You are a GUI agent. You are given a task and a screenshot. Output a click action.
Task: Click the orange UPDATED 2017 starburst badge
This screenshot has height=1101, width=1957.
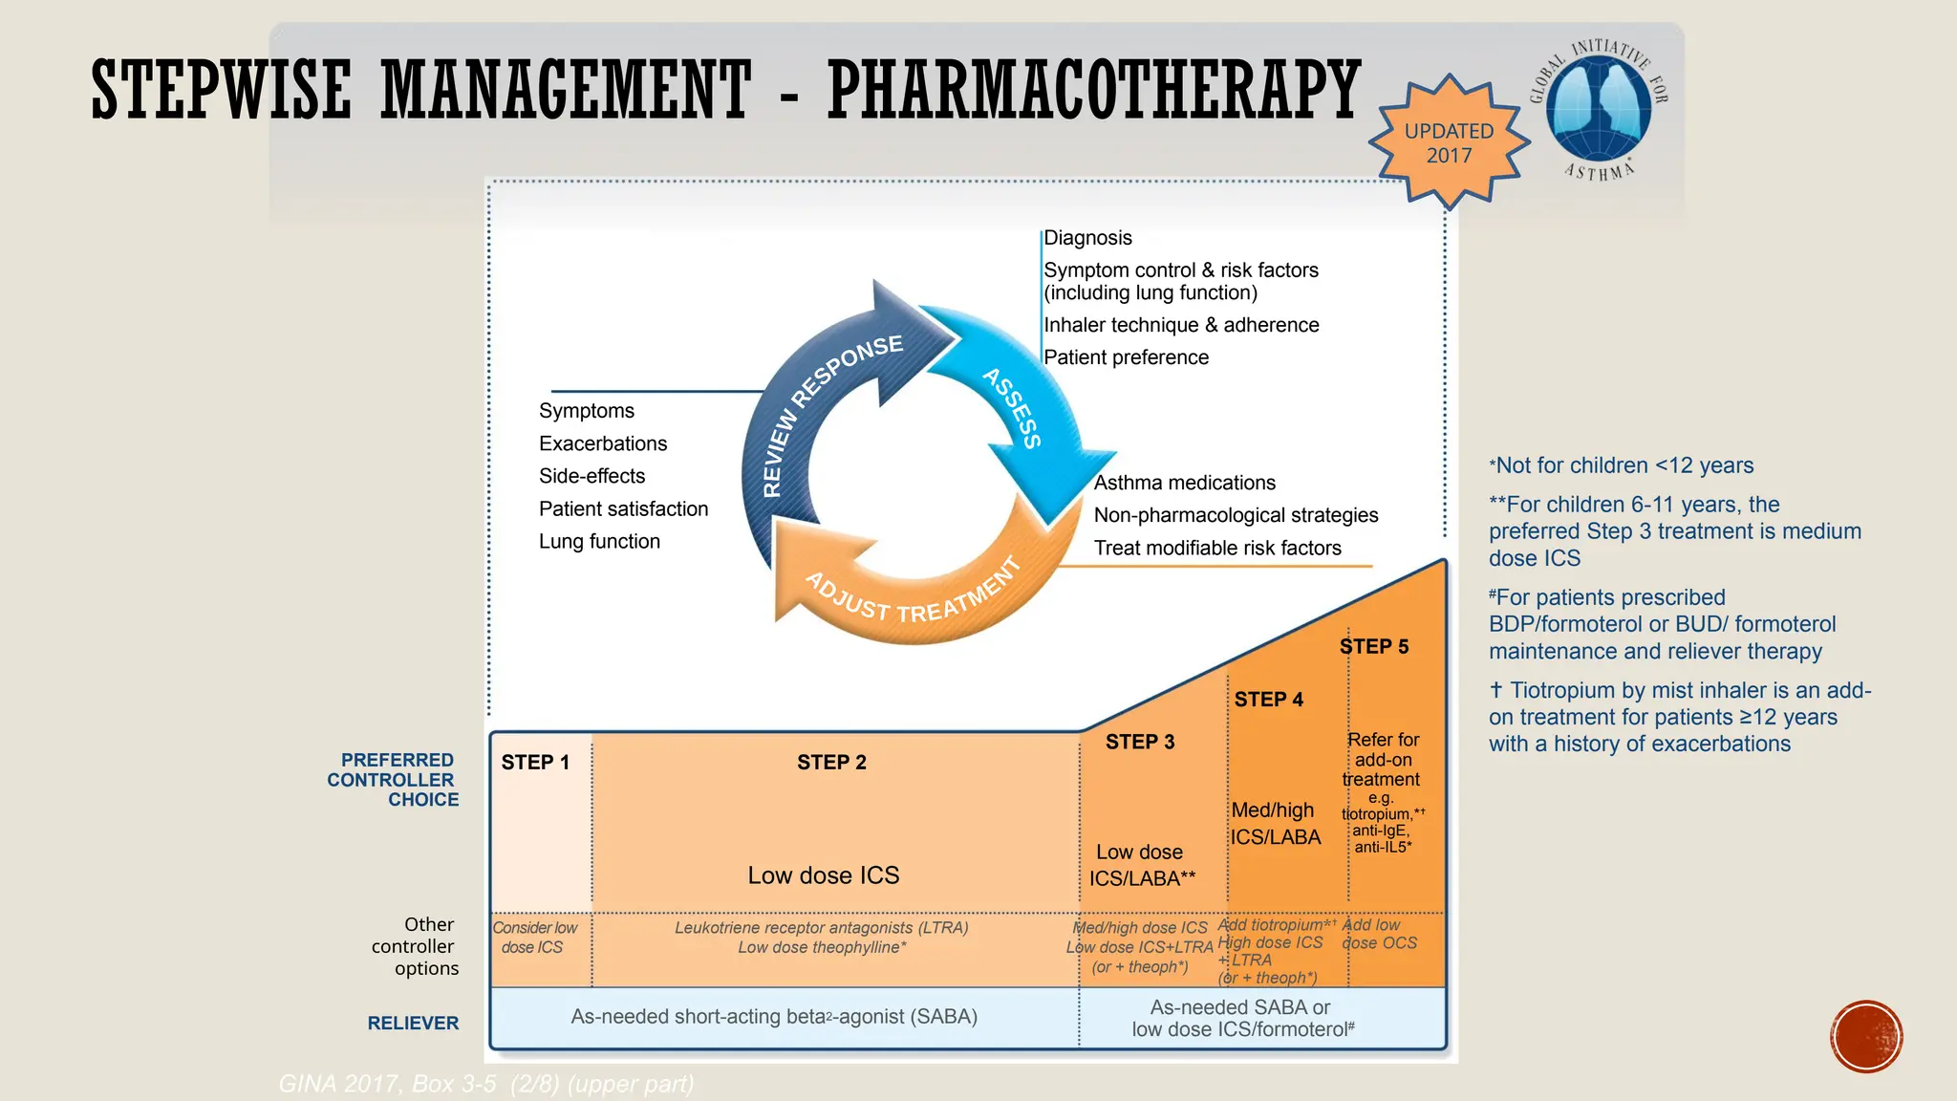coord(1449,143)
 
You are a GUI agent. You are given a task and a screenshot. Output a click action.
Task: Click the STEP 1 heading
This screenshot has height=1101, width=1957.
coord(535,763)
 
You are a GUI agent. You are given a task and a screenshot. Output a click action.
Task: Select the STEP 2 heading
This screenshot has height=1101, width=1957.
coord(831,763)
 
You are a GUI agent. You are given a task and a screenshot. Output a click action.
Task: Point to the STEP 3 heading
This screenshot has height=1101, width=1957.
coord(1139,743)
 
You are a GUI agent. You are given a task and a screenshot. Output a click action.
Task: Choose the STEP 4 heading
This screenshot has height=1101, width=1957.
coord(1268,700)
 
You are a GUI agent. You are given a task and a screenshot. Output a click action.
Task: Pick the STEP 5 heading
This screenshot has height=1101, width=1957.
coord(1373,647)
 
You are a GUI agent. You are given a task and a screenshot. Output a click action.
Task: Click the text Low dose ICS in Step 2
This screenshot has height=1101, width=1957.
coord(823,875)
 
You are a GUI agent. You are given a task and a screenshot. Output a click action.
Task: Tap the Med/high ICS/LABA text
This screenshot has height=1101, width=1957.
coord(1275,824)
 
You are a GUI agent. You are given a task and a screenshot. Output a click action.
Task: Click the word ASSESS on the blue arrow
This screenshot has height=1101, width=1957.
coord(1013,408)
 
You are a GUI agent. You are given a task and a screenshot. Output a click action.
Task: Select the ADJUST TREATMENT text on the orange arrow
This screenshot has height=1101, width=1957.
coord(913,594)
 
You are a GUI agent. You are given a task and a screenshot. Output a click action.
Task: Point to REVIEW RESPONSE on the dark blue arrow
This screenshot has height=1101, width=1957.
coord(828,411)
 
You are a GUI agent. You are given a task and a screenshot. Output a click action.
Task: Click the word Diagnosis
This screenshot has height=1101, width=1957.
coord(1087,238)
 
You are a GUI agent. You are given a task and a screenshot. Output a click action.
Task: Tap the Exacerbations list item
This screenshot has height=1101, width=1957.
coord(603,443)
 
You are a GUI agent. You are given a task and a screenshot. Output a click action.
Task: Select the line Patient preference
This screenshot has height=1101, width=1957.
coord(1126,357)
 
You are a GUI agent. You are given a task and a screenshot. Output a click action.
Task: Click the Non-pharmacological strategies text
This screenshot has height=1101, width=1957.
coord(1236,515)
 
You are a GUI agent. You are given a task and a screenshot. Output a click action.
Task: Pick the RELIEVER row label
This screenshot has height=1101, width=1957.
coord(413,1024)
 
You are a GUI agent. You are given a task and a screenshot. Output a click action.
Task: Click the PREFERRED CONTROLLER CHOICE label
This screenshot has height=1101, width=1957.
coord(393,780)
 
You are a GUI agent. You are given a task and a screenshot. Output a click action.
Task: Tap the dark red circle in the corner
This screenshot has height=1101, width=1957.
coord(1866,1037)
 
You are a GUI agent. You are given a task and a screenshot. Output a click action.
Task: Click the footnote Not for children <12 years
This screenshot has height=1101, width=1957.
coord(1623,465)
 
